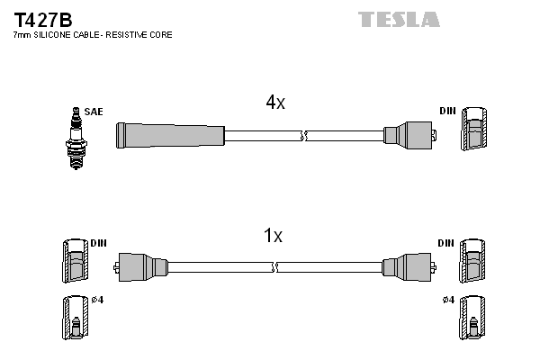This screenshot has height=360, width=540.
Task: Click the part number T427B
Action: [x=43, y=19]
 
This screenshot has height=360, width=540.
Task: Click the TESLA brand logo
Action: [x=399, y=19]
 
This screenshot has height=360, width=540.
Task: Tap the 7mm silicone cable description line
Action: [x=92, y=34]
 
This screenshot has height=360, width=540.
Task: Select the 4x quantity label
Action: [x=275, y=103]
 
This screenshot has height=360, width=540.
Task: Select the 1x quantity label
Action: [x=273, y=236]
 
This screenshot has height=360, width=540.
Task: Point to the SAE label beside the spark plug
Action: [x=94, y=112]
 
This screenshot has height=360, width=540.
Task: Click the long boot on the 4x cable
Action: [x=169, y=136]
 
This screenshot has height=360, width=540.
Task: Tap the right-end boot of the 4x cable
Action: [x=408, y=136]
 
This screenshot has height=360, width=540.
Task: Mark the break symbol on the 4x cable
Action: [x=304, y=136]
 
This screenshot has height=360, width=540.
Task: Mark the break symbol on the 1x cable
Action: [x=274, y=267]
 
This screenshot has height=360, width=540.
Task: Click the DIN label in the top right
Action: [x=447, y=111]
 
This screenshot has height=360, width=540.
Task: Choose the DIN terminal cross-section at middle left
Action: [x=75, y=262]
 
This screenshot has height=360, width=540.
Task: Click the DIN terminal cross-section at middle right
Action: [x=473, y=262]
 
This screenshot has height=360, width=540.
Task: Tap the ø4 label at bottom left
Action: [x=97, y=300]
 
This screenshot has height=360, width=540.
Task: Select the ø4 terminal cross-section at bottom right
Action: [x=473, y=319]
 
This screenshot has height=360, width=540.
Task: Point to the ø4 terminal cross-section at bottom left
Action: [x=75, y=319]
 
